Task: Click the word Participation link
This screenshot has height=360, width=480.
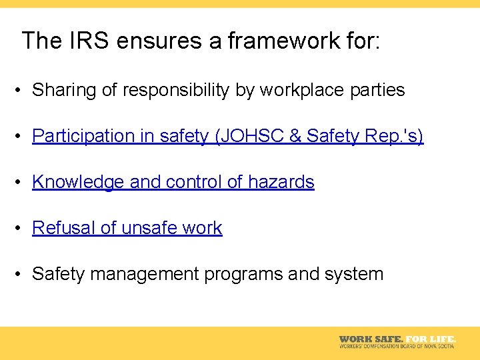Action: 83,136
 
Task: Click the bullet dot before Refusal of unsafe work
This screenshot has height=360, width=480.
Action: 22,229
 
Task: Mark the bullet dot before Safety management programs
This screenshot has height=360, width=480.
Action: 22,275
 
